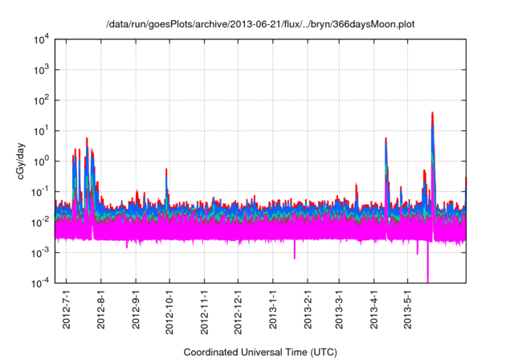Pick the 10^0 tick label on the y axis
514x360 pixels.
pos(40,161)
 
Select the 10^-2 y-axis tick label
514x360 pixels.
pos(40,222)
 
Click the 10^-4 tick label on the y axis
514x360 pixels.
pos(40,282)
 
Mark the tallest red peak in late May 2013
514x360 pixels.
pos(432,113)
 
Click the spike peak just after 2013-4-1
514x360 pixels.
pos(386,139)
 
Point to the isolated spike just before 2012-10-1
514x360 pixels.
pos(166,170)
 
